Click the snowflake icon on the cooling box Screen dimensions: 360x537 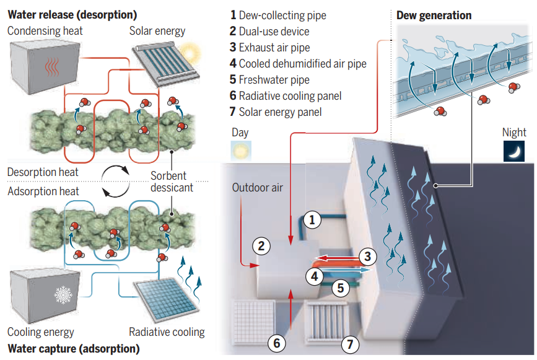[x=63, y=295]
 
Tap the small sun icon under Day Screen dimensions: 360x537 [x=240, y=151]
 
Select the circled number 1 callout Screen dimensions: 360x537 [x=312, y=219]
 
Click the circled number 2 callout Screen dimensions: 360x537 [x=261, y=245]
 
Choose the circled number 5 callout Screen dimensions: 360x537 [x=338, y=287]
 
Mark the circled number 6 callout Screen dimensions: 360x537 [x=277, y=342]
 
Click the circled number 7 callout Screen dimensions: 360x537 [x=351, y=342]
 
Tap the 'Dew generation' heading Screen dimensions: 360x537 [x=434, y=15]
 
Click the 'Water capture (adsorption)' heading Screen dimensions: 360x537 [x=74, y=348]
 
